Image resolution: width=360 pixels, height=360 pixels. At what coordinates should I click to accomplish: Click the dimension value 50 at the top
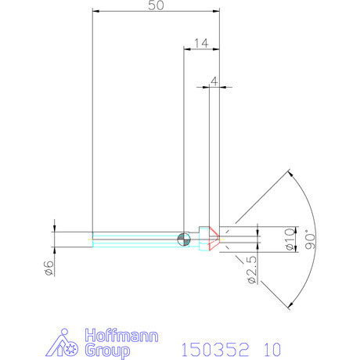point(157,5)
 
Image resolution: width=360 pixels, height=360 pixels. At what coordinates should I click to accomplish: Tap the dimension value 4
point(214,81)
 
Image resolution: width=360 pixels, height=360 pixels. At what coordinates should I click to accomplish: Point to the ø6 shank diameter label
point(48,267)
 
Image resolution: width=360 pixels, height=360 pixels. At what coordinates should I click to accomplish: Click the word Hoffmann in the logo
point(121,336)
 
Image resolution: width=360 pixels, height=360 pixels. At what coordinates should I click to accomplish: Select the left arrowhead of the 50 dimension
point(95,11)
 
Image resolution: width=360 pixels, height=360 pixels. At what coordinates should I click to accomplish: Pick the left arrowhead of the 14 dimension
point(186,48)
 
